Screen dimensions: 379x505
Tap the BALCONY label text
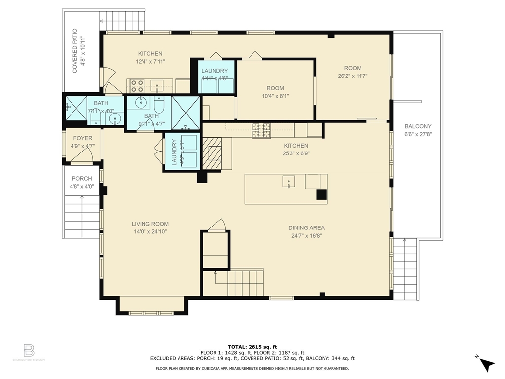click(418, 126)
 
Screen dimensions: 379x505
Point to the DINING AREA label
click(306, 228)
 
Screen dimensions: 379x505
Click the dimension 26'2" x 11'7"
click(353, 76)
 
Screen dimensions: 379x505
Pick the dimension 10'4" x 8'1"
click(275, 97)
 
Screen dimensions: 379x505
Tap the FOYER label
click(82, 138)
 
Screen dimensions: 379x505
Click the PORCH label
click(82, 179)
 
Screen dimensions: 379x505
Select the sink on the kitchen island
click(289, 182)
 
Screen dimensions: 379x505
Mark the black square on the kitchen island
click(321, 194)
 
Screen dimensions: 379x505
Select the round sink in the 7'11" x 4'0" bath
click(115, 118)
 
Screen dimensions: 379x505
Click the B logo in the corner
click(29, 351)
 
